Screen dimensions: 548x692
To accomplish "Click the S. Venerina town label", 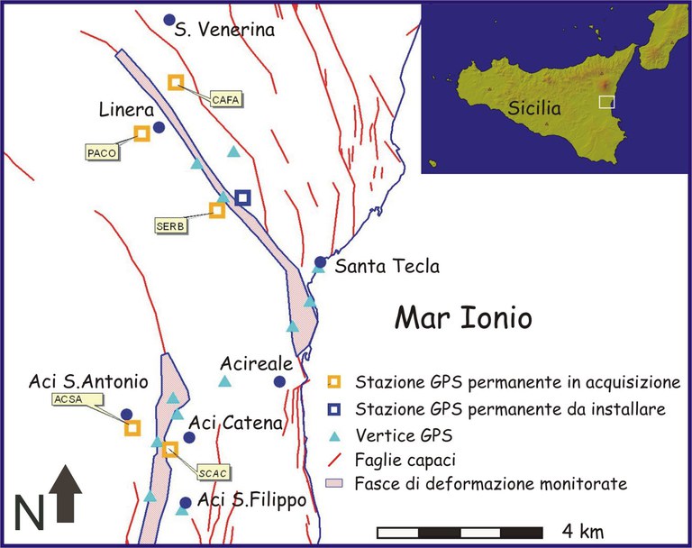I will click(224, 31).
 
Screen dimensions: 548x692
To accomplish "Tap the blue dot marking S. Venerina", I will click(168, 20).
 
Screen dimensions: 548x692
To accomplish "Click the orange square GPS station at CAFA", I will click(176, 82).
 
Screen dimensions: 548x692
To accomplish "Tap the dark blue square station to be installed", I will click(241, 197).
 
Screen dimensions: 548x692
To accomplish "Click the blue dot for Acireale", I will click(279, 382).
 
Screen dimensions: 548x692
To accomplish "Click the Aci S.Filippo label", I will click(252, 500).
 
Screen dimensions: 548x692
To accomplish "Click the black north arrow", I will click(68, 494).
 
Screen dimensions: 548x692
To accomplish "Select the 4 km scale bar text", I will click(584, 528).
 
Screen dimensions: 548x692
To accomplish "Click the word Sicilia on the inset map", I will click(533, 108).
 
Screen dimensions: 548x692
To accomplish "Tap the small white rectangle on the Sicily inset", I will click(607, 102).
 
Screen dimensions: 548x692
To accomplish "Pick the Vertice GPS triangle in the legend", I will click(334, 435).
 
